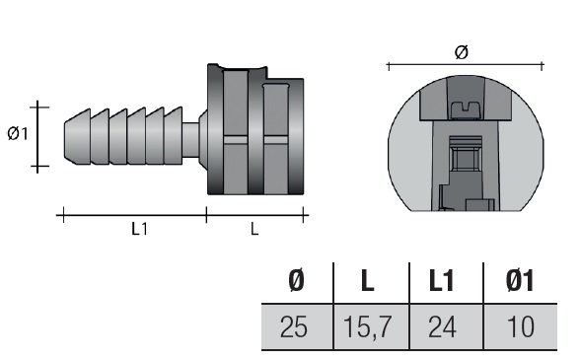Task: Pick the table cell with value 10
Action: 521,326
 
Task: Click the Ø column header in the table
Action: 296,281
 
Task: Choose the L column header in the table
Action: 367,281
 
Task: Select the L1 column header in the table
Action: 441,281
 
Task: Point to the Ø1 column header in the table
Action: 520,281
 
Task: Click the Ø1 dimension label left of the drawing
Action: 18,133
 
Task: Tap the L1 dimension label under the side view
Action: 139,229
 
